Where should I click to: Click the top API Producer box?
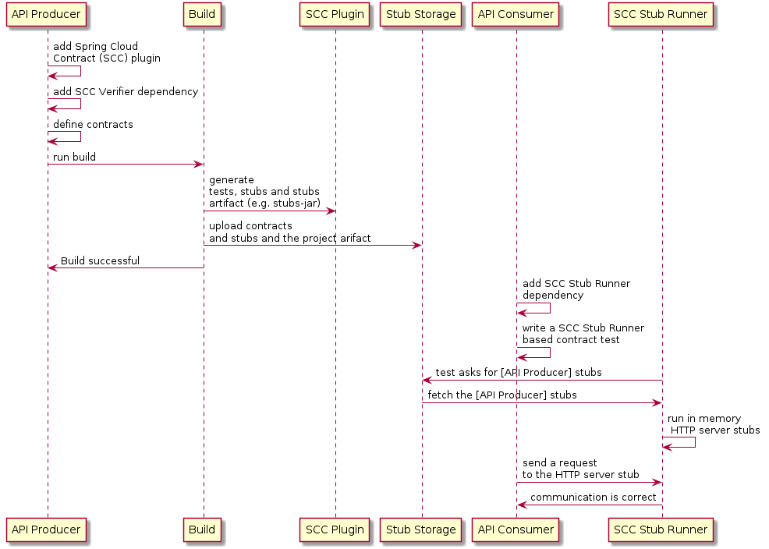[47, 15]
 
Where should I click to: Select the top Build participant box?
[203, 15]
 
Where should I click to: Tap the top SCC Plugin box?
[335, 15]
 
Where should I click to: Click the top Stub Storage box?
[421, 15]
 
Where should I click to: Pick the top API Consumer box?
[516, 15]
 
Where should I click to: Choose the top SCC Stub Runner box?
[661, 15]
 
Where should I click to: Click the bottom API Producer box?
[47, 530]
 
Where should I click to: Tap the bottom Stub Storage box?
[421, 530]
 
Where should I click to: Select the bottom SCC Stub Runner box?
[661, 530]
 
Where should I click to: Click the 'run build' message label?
[75, 158]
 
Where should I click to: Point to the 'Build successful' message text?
[100, 260]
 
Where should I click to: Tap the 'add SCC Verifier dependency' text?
[125, 92]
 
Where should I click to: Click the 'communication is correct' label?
[593, 498]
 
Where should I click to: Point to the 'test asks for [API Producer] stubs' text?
[518, 373]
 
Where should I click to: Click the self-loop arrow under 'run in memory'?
[686, 443]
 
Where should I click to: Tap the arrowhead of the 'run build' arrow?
[199, 165]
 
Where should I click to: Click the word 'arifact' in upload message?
[353, 238]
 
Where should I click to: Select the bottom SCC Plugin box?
[335, 530]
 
